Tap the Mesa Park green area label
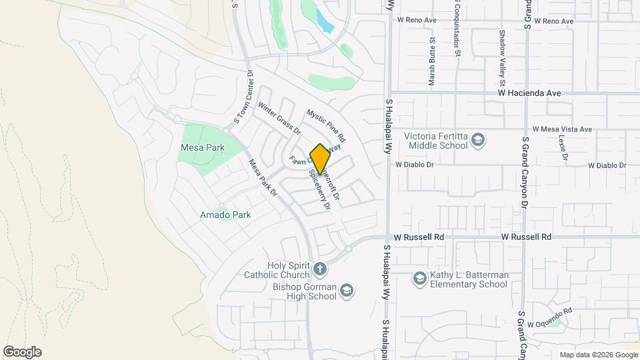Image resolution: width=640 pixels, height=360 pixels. pyautogui.click(x=201, y=147)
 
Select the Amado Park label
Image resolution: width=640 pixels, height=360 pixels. pyautogui.click(x=225, y=215)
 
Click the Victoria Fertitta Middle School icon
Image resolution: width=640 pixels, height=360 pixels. pyautogui.click(x=477, y=140)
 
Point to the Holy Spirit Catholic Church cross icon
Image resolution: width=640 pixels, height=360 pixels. pyautogui.click(x=320, y=270)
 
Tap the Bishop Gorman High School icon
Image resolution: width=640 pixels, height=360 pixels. pyautogui.click(x=347, y=290)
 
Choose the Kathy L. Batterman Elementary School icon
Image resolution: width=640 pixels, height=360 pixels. pyautogui.click(x=419, y=279)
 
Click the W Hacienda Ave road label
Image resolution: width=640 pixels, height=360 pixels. pyautogui.click(x=529, y=94)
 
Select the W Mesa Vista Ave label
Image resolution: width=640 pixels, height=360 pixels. pyautogui.click(x=562, y=129)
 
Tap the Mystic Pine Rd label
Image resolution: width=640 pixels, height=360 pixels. pyautogui.click(x=326, y=124)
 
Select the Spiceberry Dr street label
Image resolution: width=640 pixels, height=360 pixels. pyautogui.click(x=319, y=191)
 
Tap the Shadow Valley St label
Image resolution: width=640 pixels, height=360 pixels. pyautogui.click(x=501, y=52)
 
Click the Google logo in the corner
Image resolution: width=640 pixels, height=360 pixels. pyautogui.click(x=23, y=351)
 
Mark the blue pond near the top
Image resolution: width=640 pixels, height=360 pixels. pyautogui.click(x=324, y=22)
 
